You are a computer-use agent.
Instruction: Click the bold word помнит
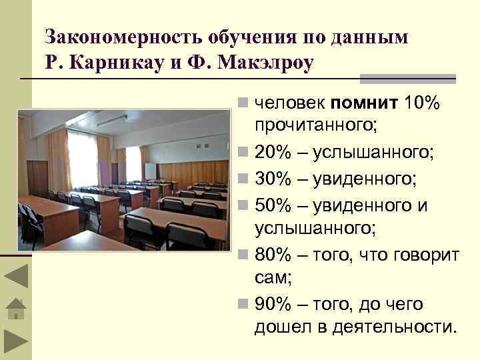click(364, 103)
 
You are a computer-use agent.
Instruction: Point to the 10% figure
click(422, 103)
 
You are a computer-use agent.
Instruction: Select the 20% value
click(273, 154)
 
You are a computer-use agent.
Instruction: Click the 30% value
click(273, 179)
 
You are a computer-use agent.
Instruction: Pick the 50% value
click(273, 205)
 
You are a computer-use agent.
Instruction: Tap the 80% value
click(273, 255)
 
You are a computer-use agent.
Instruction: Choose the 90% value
click(273, 305)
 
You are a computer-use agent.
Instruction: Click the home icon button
click(15, 308)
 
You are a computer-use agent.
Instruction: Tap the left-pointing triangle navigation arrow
click(15, 277)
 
